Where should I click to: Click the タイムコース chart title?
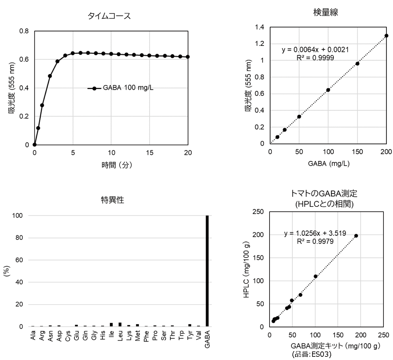click(x=109, y=16)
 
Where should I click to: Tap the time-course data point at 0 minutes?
click(x=34, y=145)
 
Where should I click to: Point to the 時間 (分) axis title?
click(x=117, y=165)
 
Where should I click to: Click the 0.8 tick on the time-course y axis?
click(x=24, y=31)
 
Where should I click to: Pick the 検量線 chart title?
click(x=326, y=12)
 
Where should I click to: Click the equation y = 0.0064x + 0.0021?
click(x=315, y=50)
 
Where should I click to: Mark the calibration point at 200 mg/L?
click(x=386, y=35)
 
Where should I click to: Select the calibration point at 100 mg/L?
click(x=328, y=90)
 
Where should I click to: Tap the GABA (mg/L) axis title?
click(x=328, y=163)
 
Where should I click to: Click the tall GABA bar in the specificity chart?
click(x=207, y=271)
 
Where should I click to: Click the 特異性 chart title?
click(x=112, y=200)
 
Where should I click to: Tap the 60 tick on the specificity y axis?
click(x=19, y=260)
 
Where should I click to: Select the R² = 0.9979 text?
click(x=315, y=242)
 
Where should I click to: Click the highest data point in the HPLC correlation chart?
click(x=356, y=236)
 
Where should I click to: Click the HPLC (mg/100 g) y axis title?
click(x=247, y=270)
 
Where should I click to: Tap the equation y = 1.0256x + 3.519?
click(x=315, y=233)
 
